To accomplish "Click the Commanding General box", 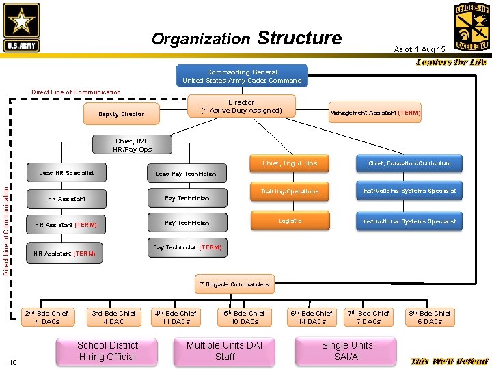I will point(242,76).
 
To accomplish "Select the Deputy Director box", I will point(121,114).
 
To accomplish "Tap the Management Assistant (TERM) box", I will point(375,113).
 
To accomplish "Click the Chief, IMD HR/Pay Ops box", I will point(133,145).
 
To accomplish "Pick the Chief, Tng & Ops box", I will point(290,163).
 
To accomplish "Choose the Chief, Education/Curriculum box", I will point(409,163).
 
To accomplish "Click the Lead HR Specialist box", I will point(67,174).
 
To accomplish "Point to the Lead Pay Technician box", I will point(186,174).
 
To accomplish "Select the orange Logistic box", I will point(290,221).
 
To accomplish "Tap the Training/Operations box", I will point(290,191).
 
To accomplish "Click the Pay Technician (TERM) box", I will point(186,248).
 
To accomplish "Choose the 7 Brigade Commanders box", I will point(234,284).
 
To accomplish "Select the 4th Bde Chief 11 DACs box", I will point(176,317).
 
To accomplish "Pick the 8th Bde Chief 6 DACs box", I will point(429,317).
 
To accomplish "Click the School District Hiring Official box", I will point(107,351).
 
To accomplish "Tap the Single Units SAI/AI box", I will point(346,351).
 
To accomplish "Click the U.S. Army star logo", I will point(22,27).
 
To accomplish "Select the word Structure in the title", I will point(299,38).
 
